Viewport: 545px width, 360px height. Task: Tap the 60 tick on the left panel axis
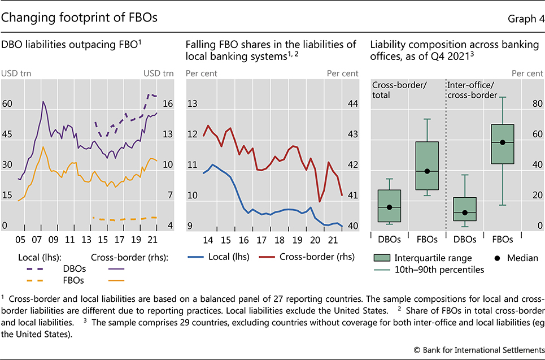tap(8, 104)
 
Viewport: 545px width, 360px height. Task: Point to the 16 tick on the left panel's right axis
tap(168, 104)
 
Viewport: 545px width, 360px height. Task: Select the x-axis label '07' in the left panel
tap(42, 238)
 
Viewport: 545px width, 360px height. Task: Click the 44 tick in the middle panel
tap(351, 104)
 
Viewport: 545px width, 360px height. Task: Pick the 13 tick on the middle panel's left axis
tap(192, 104)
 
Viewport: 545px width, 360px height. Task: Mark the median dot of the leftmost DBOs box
tap(389, 207)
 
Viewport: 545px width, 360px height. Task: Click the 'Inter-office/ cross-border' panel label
tap(472, 90)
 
